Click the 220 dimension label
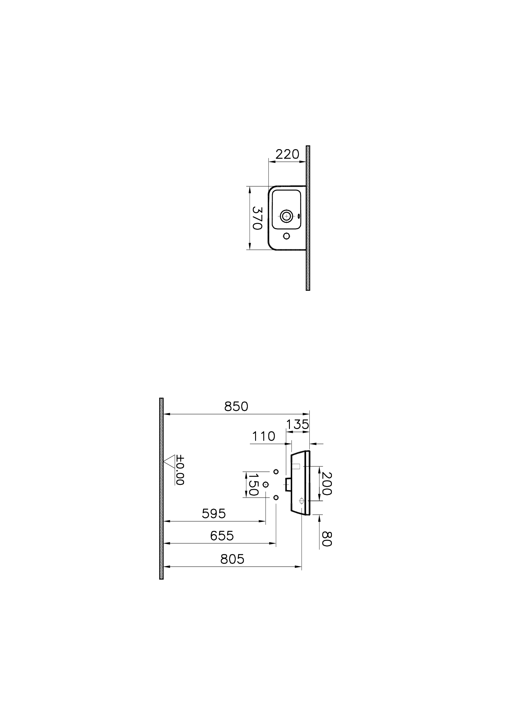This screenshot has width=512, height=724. [x=287, y=154]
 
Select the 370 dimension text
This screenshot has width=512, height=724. [x=257, y=218]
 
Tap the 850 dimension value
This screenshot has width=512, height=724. [x=236, y=407]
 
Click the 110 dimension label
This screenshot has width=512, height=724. [x=264, y=437]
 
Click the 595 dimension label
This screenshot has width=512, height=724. [x=214, y=514]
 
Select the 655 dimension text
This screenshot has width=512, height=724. [x=222, y=536]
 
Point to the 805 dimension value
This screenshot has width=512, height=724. [x=232, y=559]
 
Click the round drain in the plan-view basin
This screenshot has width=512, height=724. [x=286, y=216]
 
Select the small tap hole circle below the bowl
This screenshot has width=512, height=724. [x=286, y=236]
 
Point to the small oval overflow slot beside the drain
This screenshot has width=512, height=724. [x=298, y=216]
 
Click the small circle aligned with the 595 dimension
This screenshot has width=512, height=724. [x=265, y=484]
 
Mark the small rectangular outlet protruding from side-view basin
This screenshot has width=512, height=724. [x=288, y=484]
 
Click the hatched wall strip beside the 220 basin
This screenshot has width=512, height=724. [x=308, y=218]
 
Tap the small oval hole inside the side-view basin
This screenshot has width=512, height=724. [x=302, y=500]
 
